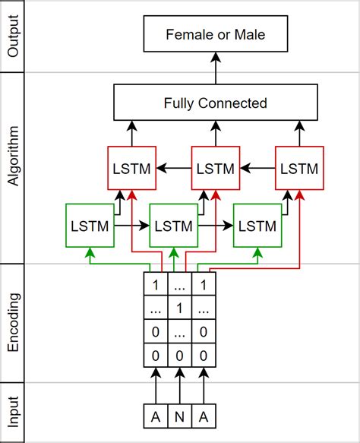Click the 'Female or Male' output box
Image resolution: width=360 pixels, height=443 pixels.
[216, 36]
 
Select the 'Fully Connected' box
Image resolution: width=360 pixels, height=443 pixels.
[216, 103]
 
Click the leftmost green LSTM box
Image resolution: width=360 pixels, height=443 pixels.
[90, 226]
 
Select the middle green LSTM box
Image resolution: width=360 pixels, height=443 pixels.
[174, 226]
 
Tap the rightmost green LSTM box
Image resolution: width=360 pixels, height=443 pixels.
[258, 226]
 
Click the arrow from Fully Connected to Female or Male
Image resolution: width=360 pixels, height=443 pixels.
[216, 68]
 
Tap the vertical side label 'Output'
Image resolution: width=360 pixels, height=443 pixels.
[12, 36]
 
